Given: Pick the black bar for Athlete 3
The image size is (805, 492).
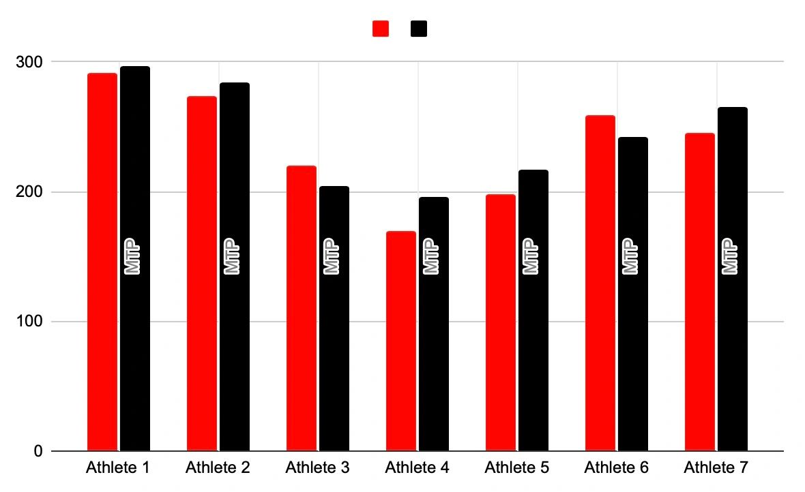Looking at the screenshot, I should coord(334,341).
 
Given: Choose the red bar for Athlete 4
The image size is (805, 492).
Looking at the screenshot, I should coord(401,341).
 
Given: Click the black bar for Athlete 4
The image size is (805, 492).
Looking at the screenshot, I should coord(434,341).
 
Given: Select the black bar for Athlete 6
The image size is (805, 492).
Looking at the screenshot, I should coord(633,341).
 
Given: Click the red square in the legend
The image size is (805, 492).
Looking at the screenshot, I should coord(381,29).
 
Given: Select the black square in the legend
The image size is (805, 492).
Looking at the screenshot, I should coord(419,29).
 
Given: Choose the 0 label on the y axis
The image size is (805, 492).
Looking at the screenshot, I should coord(38,451).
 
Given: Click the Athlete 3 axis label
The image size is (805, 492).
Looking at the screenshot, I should coord(317,468).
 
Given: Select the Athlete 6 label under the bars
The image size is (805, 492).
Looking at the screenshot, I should coord(616,468).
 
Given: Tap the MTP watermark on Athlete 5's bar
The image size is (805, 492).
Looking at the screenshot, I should coord(530,256).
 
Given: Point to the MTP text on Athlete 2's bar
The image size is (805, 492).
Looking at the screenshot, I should coord(232,256).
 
